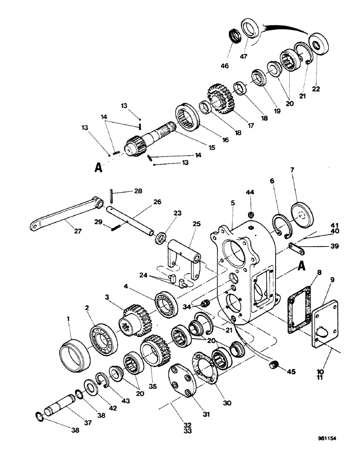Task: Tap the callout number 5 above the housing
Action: point(232,204)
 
